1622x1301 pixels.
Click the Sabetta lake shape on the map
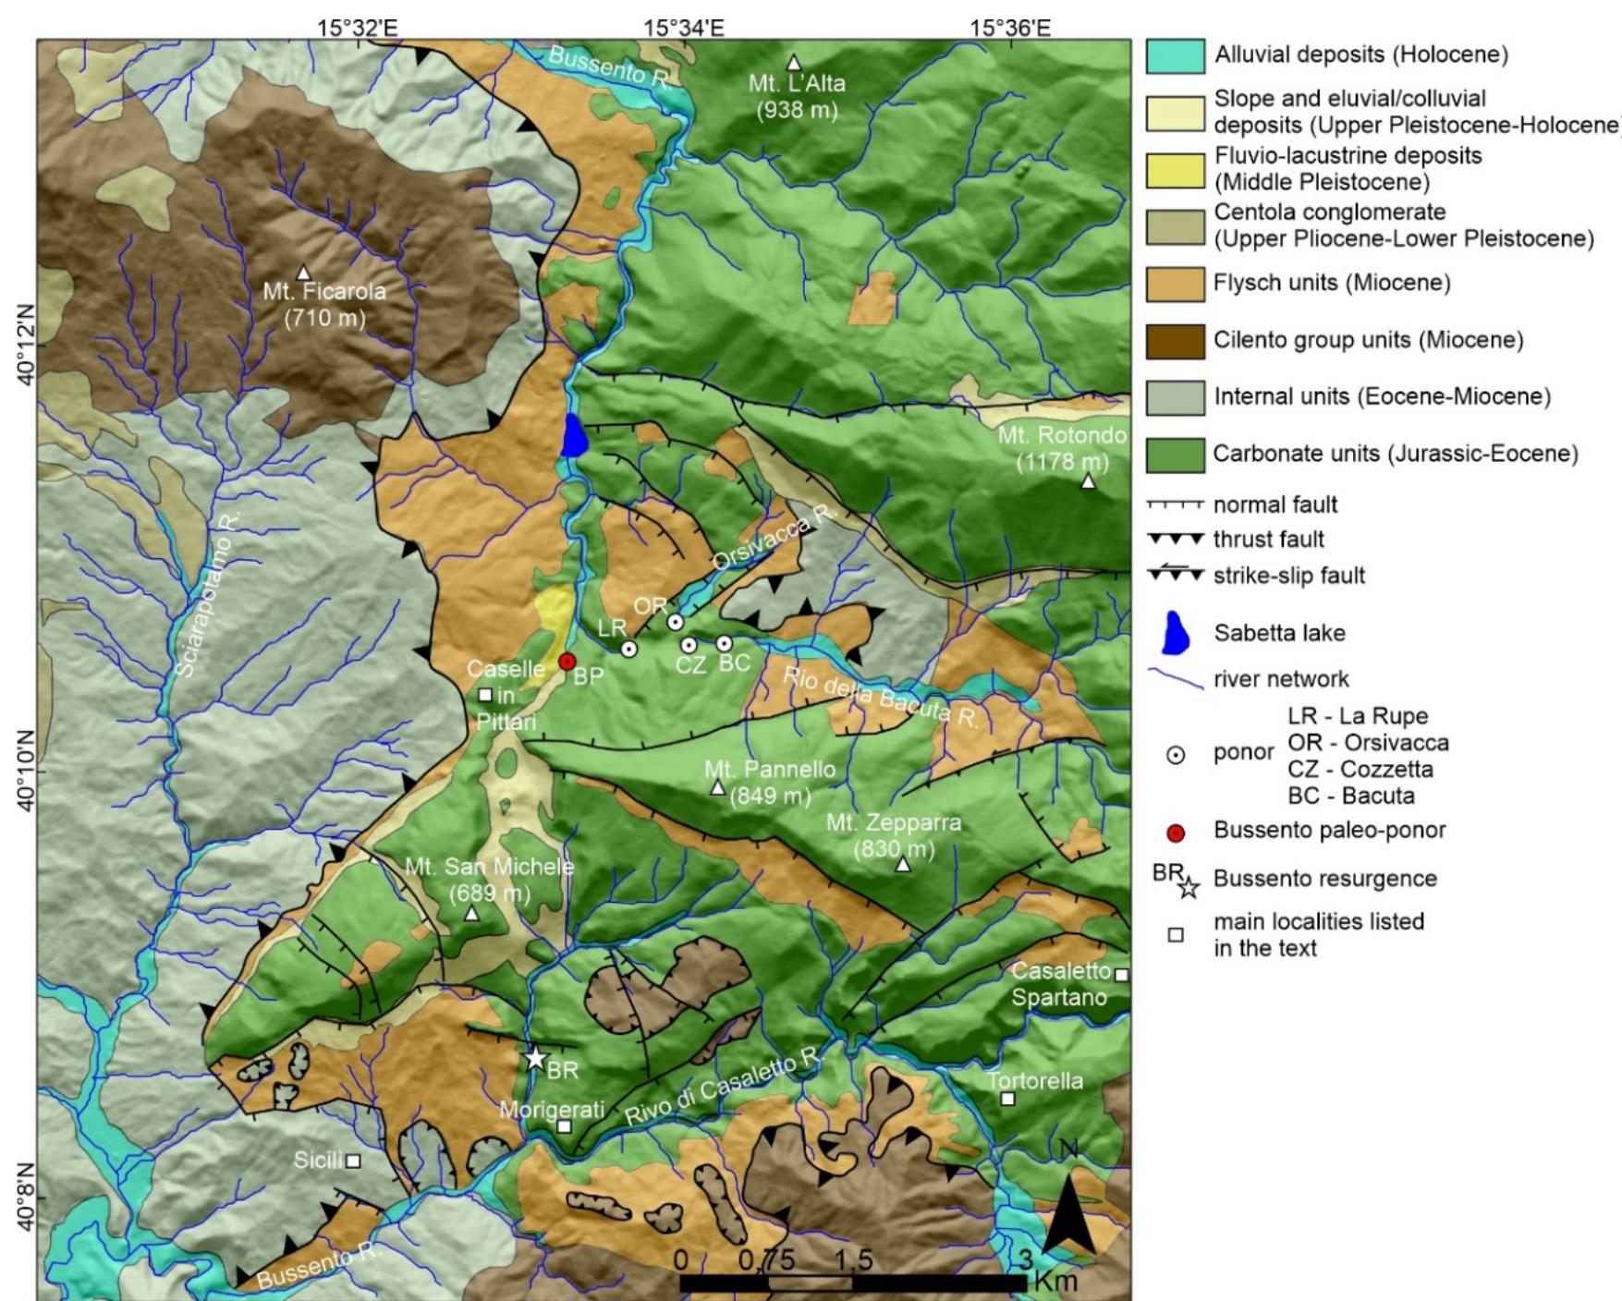tap(574, 436)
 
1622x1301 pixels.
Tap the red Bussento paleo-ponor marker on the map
tap(567, 662)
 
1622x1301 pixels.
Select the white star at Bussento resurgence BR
tap(536, 1059)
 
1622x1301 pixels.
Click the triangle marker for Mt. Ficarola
tap(303, 273)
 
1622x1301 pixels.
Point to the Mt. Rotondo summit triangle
tap(1089, 481)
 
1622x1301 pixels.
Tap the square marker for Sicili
tap(353, 1161)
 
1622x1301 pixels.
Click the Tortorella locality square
tap(1008, 1099)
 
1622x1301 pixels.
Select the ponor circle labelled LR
tap(629, 650)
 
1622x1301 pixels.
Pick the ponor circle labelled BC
tap(725, 643)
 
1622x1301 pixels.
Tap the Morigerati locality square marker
tap(565, 1126)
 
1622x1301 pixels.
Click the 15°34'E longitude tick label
tap(683, 28)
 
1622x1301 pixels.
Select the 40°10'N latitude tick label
tap(26, 772)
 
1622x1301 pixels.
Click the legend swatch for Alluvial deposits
tap(1175, 56)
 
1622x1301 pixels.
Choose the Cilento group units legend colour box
tap(1175, 341)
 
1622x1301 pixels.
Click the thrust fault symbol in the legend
tap(1175, 539)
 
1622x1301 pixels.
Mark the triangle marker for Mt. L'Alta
tap(793, 63)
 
